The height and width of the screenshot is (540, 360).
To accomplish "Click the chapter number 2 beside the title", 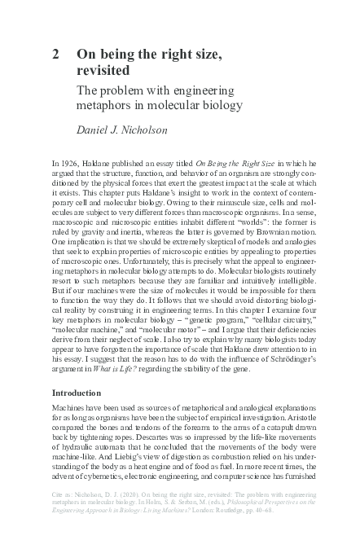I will pyautogui.click(x=55, y=55).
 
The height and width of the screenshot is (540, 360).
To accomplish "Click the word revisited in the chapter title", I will pyautogui.click(x=103, y=71).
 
